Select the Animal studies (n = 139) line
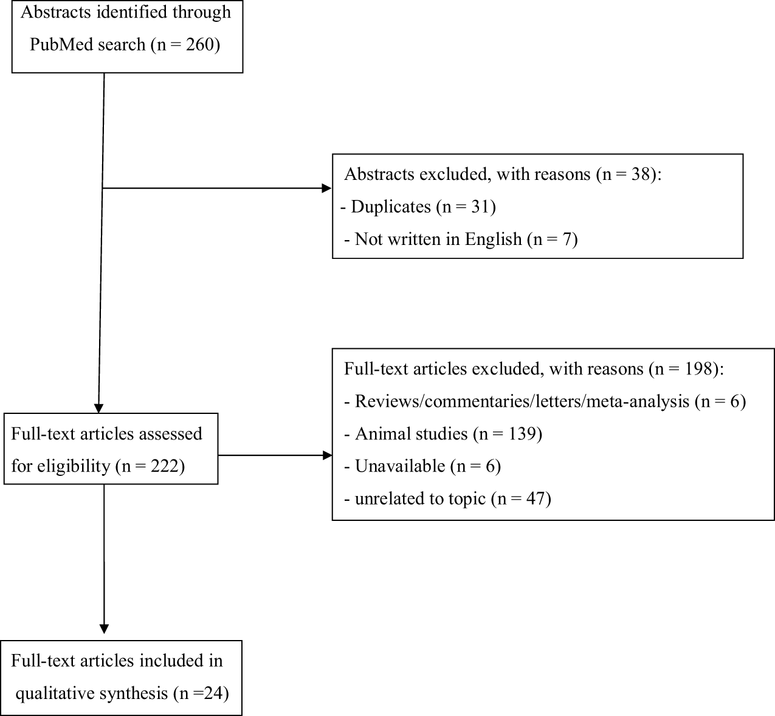coord(449,434)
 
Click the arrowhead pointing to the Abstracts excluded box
coord(327,189)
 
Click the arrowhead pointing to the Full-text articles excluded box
coord(327,455)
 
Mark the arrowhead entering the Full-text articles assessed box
coord(98,408)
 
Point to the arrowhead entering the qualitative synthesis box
coord(104,629)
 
